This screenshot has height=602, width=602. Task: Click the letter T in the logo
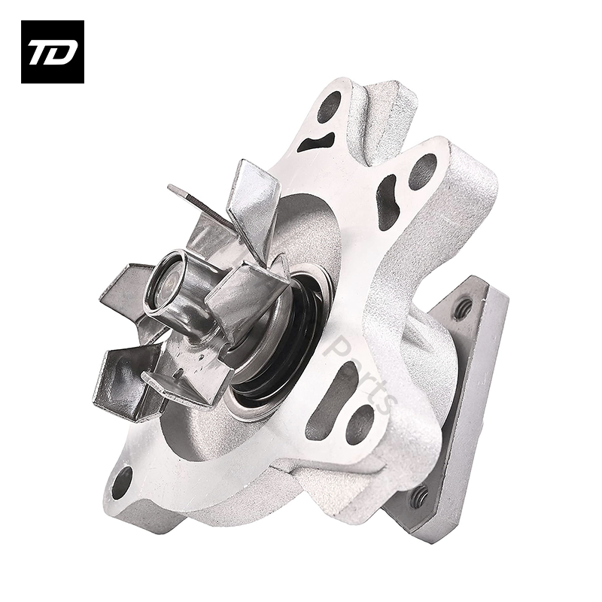(x=41, y=52)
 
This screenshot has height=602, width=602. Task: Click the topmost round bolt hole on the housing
(x=329, y=107)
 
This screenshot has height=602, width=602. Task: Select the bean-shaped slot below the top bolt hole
(x=317, y=141)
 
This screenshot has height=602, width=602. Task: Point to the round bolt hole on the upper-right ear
(x=422, y=171)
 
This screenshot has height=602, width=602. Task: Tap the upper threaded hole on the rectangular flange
(x=462, y=307)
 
